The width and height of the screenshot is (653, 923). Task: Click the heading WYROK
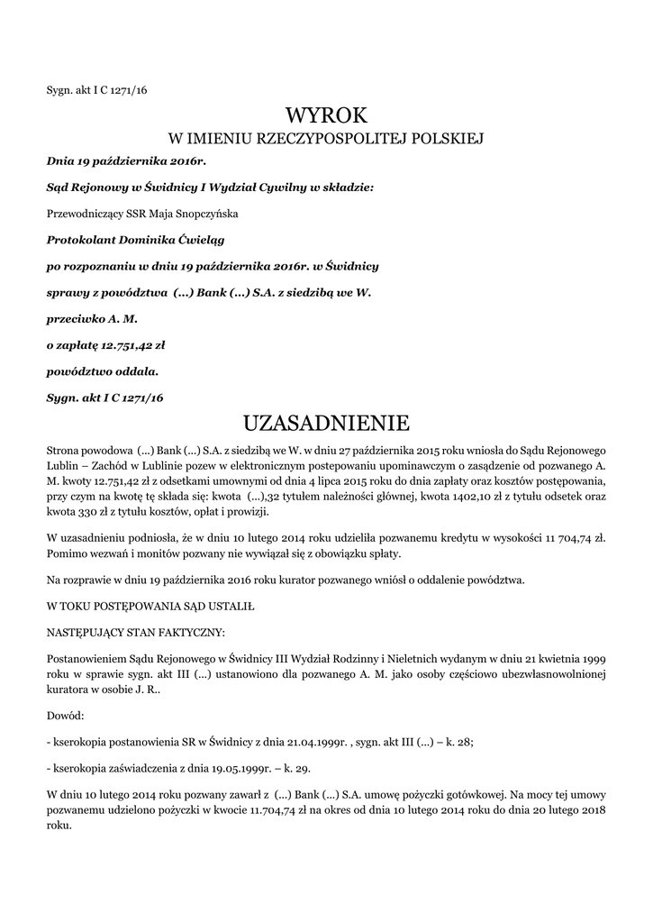pyautogui.click(x=326, y=115)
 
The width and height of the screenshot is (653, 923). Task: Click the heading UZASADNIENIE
pyautogui.click(x=326, y=422)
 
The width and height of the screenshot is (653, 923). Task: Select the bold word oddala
pyautogui.click(x=135, y=370)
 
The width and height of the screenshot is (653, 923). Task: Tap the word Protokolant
pyautogui.click(x=80, y=240)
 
